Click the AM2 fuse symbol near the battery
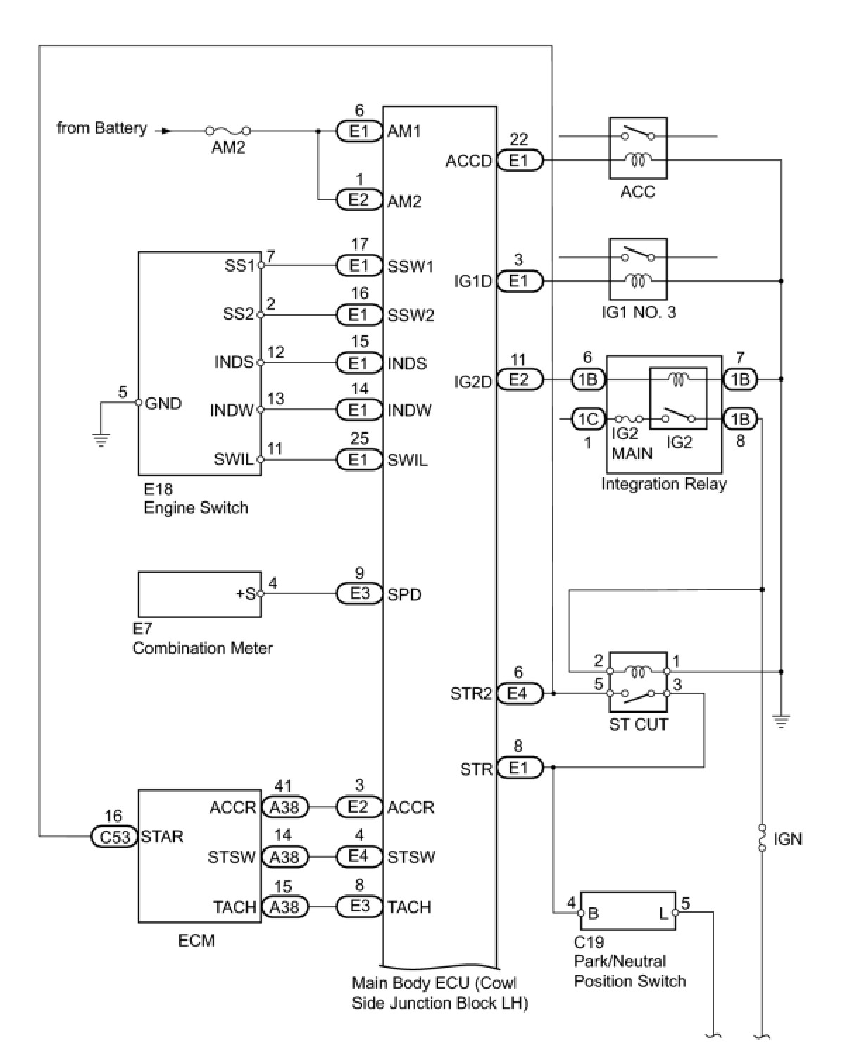(227, 130)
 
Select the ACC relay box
(637, 148)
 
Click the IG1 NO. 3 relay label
(638, 312)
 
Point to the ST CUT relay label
(638, 724)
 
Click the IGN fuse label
(787, 839)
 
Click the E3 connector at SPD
(359, 594)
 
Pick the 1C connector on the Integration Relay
(587, 420)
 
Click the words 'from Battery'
(102, 128)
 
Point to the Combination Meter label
(202, 648)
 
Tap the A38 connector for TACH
(284, 907)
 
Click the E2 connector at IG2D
(518, 380)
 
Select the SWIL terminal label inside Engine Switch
(233, 460)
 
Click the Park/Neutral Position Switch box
(627, 913)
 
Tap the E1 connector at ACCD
(518, 161)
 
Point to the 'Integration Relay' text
(663, 484)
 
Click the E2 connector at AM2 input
(358, 200)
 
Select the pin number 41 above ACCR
(283, 786)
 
